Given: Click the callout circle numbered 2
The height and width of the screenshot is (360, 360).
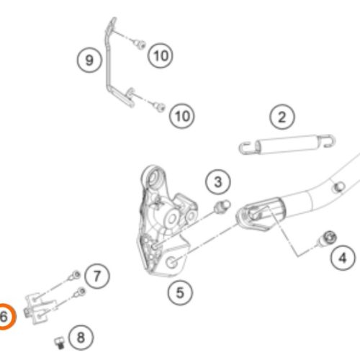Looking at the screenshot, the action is point(282,117).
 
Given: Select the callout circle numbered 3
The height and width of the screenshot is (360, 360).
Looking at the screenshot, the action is point(218,182).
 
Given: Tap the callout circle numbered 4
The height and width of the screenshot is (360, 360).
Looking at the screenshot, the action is point(343,258).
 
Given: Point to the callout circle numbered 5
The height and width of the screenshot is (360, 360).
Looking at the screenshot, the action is point(180,293).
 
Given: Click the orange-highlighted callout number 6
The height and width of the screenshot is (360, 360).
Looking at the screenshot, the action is point(4,316).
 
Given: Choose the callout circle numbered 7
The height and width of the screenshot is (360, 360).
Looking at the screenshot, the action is point(97,276).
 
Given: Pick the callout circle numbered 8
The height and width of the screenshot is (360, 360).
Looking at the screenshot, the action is point(81,338).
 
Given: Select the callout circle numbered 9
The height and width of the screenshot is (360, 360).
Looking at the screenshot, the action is point(89,60).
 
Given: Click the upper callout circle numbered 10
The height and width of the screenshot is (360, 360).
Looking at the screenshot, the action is point(161,55).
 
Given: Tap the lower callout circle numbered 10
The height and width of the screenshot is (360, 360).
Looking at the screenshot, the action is point(182,116).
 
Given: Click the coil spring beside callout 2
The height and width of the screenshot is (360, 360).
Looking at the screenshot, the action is point(287,144).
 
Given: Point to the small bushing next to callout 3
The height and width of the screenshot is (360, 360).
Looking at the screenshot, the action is point(222,206).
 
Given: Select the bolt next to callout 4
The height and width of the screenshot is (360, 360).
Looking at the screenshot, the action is point(327,239).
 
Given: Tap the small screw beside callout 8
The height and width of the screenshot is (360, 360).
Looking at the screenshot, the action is point(60,343).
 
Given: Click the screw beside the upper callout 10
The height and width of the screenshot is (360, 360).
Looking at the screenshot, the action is point(140,44).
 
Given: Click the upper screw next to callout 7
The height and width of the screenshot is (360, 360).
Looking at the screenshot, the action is point(75,276).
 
